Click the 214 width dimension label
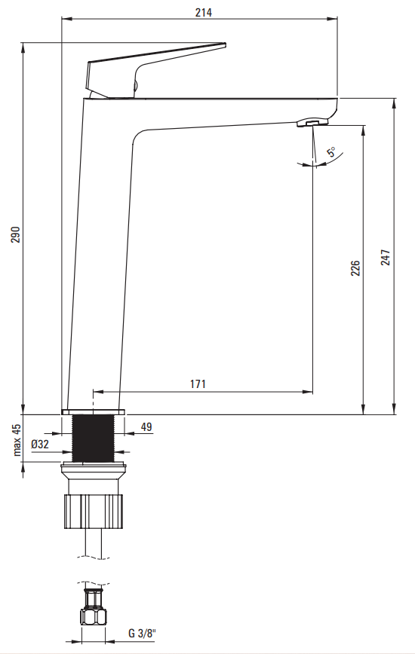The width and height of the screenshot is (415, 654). tap(203, 13)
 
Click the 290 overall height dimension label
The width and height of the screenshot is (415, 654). tap(15, 235)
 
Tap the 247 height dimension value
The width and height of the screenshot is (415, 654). tap(386, 258)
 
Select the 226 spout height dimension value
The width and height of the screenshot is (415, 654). tap(355, 268)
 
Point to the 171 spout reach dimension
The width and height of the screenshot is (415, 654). tap(198, 384)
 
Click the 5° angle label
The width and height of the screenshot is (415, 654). tap(331, 152)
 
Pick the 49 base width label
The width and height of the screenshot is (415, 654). tap(146, 427)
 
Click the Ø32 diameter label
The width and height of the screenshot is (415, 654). tap(40, 445)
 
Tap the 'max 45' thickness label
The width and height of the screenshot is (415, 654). tap(17, 440)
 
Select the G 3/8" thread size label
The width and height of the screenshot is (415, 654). tap(142, 634)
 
